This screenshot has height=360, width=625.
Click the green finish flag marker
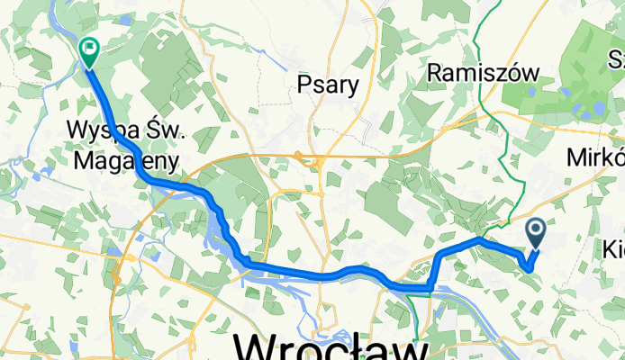[89, 51]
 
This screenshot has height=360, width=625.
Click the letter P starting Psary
[304, 85]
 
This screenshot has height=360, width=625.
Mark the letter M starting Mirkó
[577, 157]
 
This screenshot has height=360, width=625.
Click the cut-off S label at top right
[617, 59]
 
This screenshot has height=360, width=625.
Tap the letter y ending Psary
[353, 88]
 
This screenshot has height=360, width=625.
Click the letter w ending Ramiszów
[530, 73]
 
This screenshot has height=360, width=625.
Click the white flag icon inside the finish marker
[89, 48]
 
